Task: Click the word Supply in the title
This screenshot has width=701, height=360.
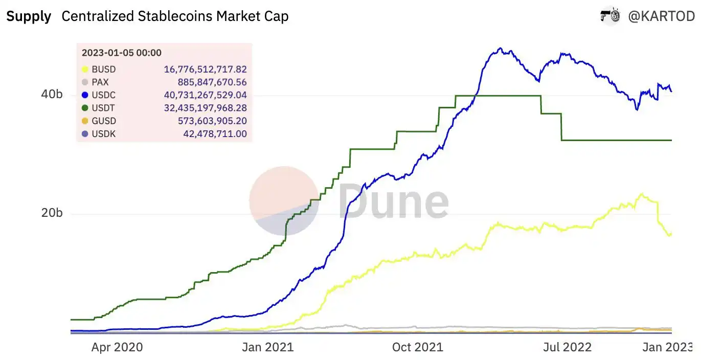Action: (x=29, y=16)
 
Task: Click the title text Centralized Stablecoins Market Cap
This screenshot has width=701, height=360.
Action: (x=175, y=16)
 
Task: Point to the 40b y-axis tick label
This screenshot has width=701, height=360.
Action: (x=52, y=95)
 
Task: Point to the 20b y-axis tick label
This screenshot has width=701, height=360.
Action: (x=52, y=213)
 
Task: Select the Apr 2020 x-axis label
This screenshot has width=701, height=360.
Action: (x=117, y=347)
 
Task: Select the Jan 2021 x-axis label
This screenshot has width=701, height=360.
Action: (x=268, y=347)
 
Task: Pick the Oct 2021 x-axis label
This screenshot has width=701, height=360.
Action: (x=418, y=347)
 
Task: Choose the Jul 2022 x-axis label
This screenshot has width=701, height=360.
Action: (x=567, y=347)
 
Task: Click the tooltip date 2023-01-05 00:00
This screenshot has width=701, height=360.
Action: (x=122, y=53)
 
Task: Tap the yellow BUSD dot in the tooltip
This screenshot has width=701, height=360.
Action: (x=86, y=70)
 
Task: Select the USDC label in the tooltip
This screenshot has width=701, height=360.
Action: (x=103, y=95)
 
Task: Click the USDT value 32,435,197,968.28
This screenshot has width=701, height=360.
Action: (x=206, y=108)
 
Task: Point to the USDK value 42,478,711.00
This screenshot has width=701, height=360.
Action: (x=215, y=134)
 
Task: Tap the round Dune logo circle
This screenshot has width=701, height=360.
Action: (x=284, y=201)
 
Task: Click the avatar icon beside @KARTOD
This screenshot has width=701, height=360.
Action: (x=610, y=16)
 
